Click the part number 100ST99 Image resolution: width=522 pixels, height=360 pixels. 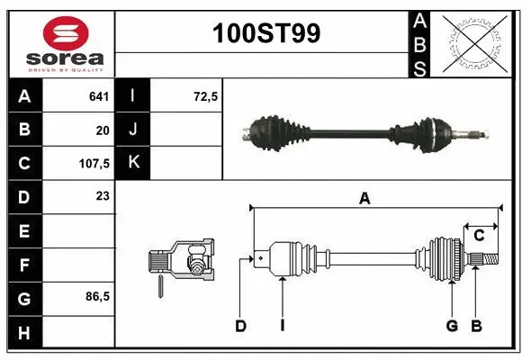(x=265, y=33)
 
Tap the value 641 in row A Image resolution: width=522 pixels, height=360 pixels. (x=99, y=95)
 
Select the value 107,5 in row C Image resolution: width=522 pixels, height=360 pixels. (x=94, y=164)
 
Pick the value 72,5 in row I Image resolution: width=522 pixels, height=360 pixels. (x=205, y=95)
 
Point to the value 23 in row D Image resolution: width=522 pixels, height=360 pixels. (x=102, y=195)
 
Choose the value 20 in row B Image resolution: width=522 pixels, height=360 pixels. (x=102, y=130)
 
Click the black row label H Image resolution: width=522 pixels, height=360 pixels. (x=23, y=332)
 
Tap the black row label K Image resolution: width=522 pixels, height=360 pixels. (x=134, y=163)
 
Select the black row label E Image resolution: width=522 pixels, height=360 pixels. (x=23, y=231)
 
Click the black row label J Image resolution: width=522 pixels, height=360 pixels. (x=134, y=130)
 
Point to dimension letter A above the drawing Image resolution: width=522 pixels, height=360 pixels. (x=364, y=199)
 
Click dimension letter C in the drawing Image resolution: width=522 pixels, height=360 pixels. (x=479, y=236)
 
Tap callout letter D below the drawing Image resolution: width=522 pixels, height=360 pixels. (x=240, y=326)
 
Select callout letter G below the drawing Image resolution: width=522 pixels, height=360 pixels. (x=452, y=326)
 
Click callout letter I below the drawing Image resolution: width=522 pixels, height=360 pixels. (x=282, y=326)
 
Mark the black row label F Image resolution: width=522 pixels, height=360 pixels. (x=23, y=265)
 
